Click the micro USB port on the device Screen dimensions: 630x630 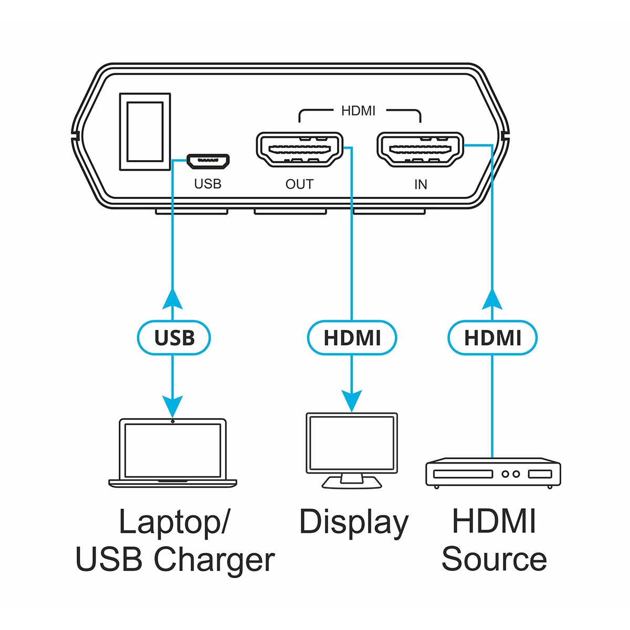(x=208, y=162)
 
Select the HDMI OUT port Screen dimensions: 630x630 (x=299, y=150)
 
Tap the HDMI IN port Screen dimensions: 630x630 (x=420, y=150)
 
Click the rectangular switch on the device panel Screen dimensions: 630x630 (x=145, y=131)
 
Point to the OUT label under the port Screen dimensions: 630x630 (x=299, y=184)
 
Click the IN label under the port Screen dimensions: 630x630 (x=421, y=184)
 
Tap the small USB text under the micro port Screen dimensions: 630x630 (x=208, y=184)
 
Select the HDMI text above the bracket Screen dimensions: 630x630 (x=359, y=111)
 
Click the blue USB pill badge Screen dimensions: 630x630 (x=174, y=338)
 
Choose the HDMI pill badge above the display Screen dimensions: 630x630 (x=352, y=338)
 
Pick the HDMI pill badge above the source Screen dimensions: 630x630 (x=492, y=338)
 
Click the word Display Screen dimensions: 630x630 (x=353, y=523)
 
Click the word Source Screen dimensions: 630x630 (x=494, y=560)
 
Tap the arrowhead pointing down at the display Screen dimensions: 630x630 (x=352, y=401)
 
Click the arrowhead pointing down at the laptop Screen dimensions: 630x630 (x=173, y=405)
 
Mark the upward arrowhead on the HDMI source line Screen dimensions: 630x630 (x=492, y=299)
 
